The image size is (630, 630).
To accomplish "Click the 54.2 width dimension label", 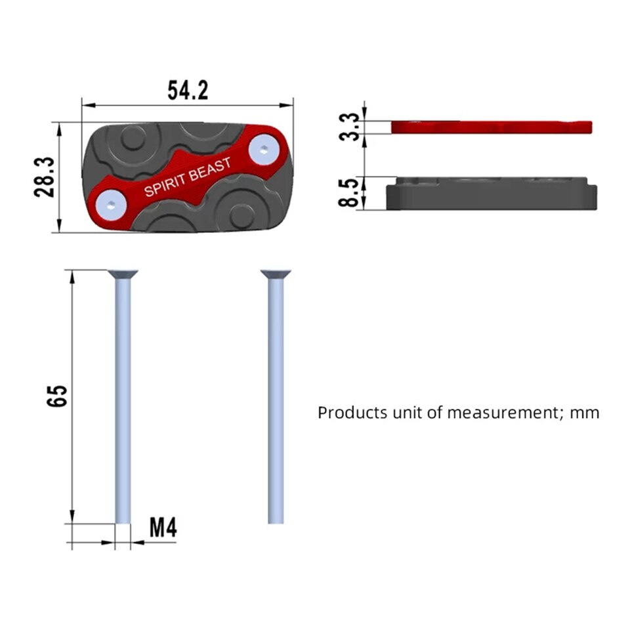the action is pyautogui.click(x=188, y=91).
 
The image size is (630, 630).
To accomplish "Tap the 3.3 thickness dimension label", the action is pyautogui.click(x=352, y=126).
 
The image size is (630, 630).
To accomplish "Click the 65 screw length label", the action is pyautogui.click(x=57, y=396).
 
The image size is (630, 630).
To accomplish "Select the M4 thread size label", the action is pyautogui.click(x=163, y=528).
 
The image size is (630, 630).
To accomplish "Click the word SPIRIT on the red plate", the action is pyautogui.click(x=164, y=186).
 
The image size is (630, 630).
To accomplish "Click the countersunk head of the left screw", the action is pyautogui.click(x=122, y=274).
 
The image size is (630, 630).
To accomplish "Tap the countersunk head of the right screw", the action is pyautogui.click(x=276, y=274).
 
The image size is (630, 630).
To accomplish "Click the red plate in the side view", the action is pyautogui.click(x=492, y=126).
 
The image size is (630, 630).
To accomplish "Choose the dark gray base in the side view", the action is pyautogui.click(x=492, y=196).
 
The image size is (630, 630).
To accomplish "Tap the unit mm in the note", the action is pyautogui.click(x=585, y=413).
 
